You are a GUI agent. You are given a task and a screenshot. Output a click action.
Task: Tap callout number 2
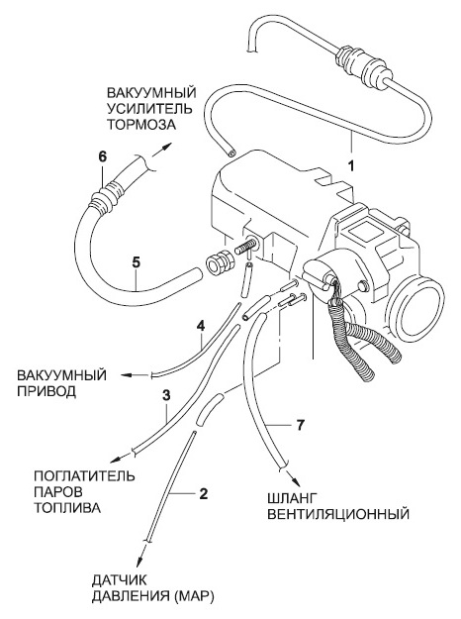click(203, 493)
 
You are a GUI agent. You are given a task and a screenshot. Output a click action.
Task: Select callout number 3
click(166, 395)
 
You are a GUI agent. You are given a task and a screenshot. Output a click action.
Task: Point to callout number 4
click(201, 327)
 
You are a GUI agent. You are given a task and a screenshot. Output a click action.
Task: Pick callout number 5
click(137, 263)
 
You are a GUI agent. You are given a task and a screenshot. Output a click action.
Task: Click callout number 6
click(102, 156)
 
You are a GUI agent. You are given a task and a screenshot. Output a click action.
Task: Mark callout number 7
click(300, 425)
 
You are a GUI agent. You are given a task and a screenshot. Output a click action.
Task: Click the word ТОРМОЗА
click(140, 125)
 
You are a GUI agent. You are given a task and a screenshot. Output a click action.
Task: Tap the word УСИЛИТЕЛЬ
click(149, 109)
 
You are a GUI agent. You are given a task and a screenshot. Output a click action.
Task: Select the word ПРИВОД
click(46, 391)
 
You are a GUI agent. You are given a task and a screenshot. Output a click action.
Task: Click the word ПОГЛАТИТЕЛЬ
click(84, 475)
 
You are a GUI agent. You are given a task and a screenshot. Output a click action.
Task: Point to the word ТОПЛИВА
click(67, 508)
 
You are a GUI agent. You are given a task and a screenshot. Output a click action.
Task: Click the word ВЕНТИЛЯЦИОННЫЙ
click(338, 514)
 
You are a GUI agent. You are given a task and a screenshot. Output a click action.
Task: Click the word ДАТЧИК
click(120, 580)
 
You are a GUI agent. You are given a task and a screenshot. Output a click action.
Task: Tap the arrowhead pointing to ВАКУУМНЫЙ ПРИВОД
click(127, 374)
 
